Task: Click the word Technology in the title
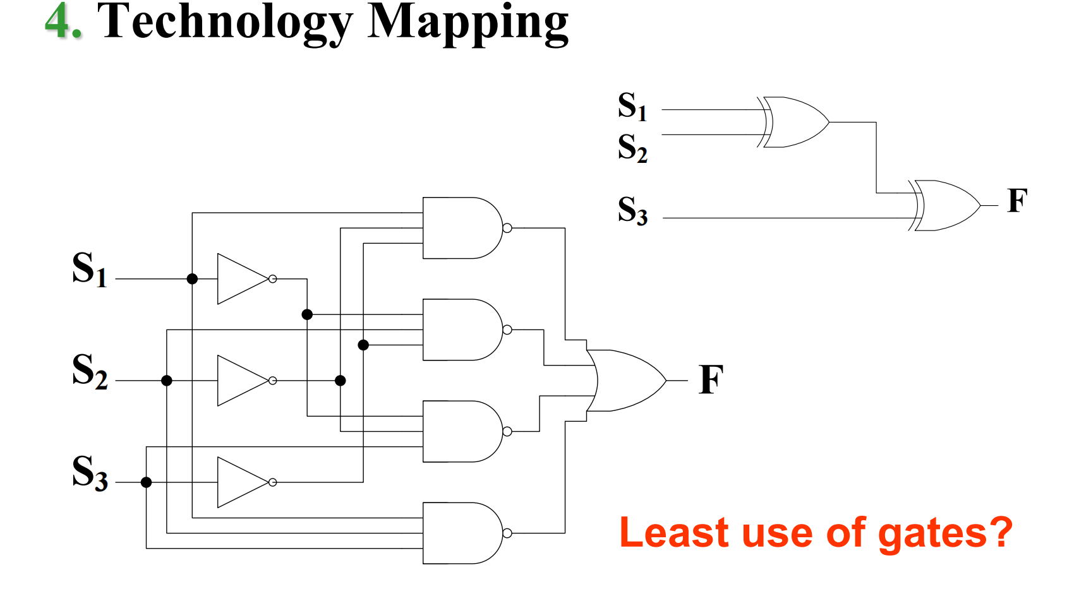(224, 23)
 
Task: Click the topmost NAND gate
(461, 228)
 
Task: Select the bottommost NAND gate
(461, 533)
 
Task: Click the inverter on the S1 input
(243, 279)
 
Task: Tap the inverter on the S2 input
(243, 381)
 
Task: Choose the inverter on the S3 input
(243, 482)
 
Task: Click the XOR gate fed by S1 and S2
(795, 122)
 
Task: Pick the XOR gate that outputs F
(946, 206)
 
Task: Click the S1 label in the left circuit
(89, 270)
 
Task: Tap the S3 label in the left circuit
(89, 473)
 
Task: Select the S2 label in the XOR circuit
(632, 148)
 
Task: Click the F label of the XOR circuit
(1017, 201)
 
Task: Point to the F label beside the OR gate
(711, 380)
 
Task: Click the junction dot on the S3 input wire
(147, 482)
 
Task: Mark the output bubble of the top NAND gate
(507, 228)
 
